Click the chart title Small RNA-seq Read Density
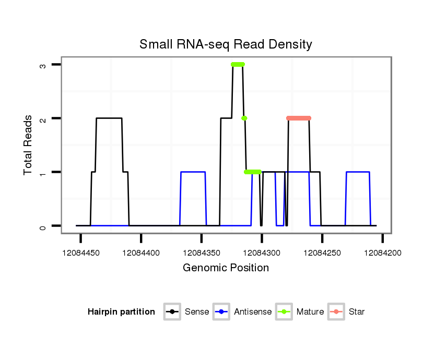click(226, 44)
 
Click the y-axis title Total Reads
click(29, 145)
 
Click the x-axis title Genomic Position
click(226, 268)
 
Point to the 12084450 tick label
click(80, 253)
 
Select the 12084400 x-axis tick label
click(141, 253)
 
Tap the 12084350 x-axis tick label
click(202, 253)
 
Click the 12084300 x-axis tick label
click(262, 253)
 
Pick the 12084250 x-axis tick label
click(322, 253)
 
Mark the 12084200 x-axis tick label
click(383, 253)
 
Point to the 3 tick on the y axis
click(43, 65)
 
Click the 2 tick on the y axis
click(43, 118)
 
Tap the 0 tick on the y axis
click(43, 226)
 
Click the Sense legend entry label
click(197, 312)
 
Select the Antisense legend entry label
click(253, 312)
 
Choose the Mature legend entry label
click(310, 312)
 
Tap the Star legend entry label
click(357, 312)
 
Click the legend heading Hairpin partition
click(121, 312)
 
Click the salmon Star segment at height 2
click(299, 118)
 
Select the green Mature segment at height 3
click(238, 65)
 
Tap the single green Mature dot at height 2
click(244, 118)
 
